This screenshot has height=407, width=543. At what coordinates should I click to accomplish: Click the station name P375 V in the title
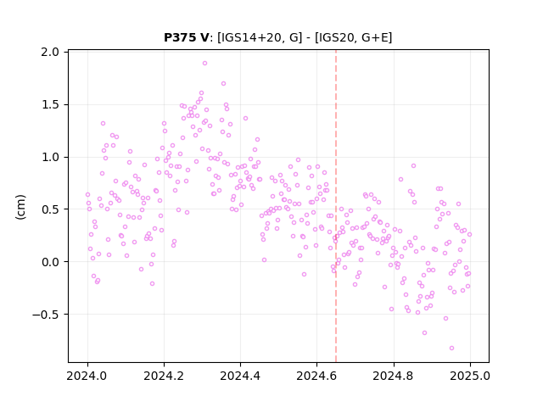tap(187, 37)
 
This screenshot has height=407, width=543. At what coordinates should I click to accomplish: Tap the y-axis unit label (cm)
tap(20, 207)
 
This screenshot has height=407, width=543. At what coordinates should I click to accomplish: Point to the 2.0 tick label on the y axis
tap(50, 53)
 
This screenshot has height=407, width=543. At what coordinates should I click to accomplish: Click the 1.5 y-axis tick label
tap(50, 105)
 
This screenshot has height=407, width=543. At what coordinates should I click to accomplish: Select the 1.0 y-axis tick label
tap(50, 157)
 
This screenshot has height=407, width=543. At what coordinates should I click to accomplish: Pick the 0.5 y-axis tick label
tap(50, 209)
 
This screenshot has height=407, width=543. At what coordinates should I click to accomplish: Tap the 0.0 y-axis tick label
tap(50, 262)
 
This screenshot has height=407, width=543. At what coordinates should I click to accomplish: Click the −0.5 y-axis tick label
tap(46, 315)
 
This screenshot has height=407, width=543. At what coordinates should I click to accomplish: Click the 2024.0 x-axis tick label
tap(87, 376)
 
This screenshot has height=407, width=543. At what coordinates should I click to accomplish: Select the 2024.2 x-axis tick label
tap(164, 376)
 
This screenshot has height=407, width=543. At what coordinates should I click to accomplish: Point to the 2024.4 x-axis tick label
tap(240, 376)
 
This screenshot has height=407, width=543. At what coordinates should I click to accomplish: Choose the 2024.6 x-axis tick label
tap(316, 376)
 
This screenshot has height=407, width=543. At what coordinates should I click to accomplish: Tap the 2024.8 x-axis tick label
tap(394, 376)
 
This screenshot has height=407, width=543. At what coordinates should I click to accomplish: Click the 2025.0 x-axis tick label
tap(470, 376)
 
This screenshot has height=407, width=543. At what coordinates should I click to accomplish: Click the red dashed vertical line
tap(336, 206)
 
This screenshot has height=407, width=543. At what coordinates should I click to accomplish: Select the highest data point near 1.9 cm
tap(204, 64)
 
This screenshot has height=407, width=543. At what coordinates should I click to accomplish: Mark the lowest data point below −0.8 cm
tap(451, 348)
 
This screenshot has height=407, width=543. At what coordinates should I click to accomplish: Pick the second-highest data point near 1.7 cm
tap(223, 84)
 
